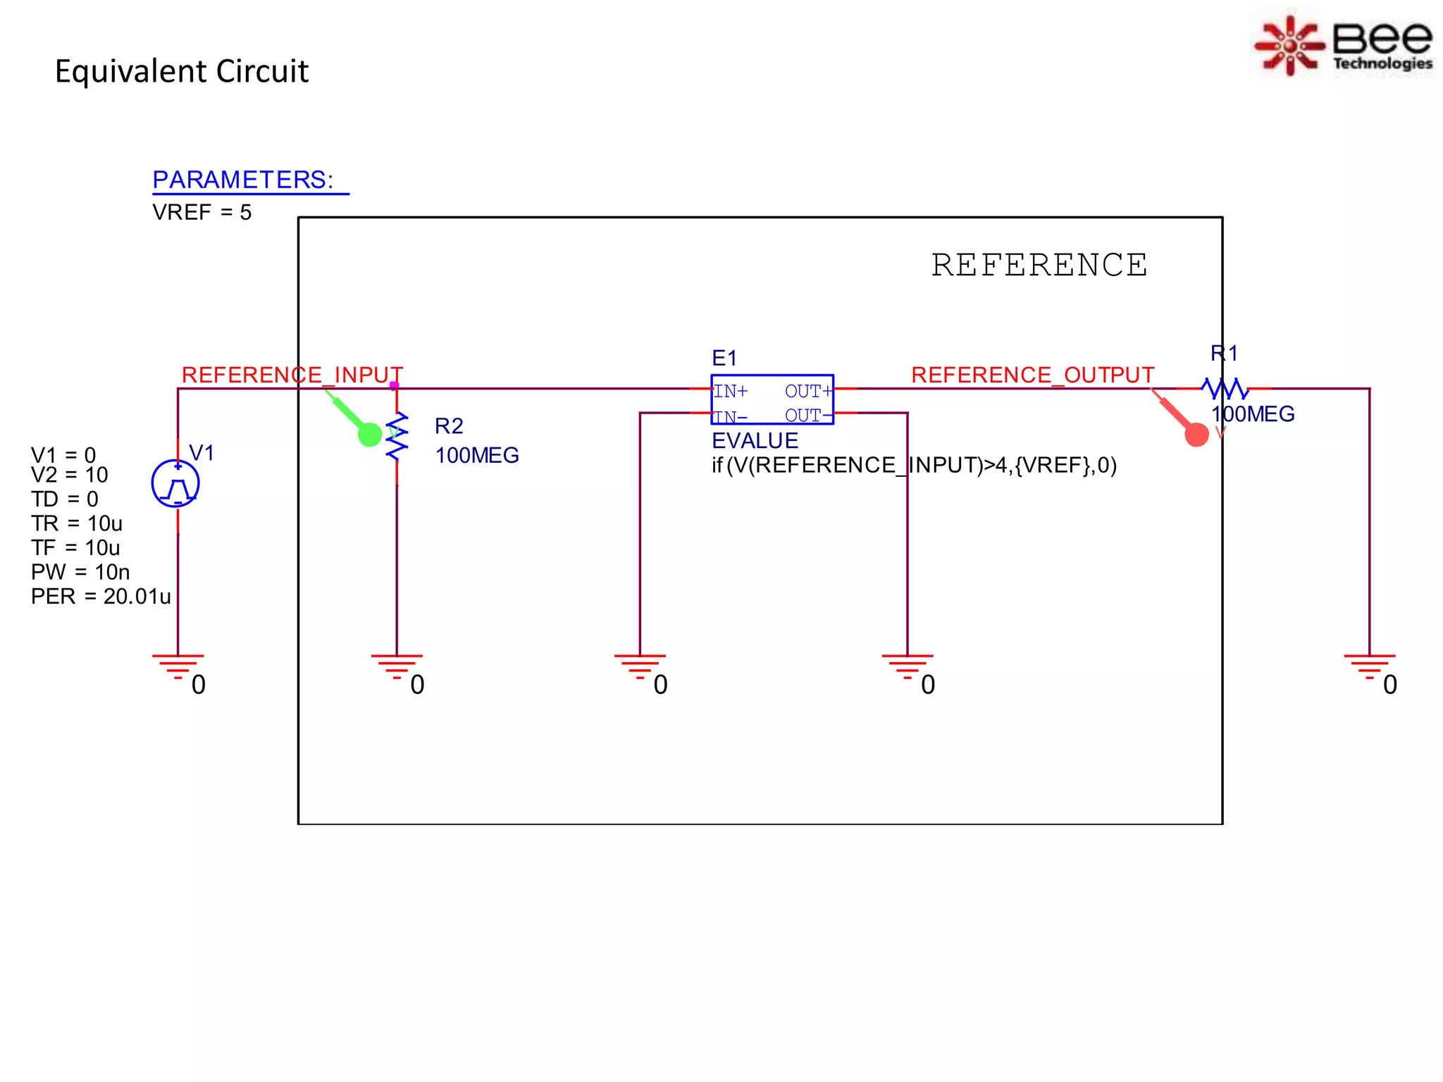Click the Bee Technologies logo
(x=1344, y=44)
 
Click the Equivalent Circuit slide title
(x=181, y=71)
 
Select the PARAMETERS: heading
(x=243, y=180)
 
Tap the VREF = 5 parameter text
(x=202, y=212)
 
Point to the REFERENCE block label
(x=1039, y=266)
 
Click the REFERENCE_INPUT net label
(x=292, y=375)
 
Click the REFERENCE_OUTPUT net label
(x=1032, y=375)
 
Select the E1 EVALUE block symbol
(x=772, y=399)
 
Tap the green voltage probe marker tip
(x=369, y=434)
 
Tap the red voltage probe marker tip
(x=1196, y=434)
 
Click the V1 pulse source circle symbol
(x=175, y=483)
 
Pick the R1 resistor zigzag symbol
(x=1225, y=388)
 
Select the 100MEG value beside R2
(x=477, y=456)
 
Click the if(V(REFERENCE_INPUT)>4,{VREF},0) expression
(x=914, y=466)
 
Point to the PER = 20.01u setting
(x=101, y=597)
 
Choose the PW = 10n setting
(x=80, y=572)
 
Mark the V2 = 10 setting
(x=69, y=475)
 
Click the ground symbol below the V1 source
(x=178, y=665)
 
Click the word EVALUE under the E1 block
(x=755, y=441)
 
